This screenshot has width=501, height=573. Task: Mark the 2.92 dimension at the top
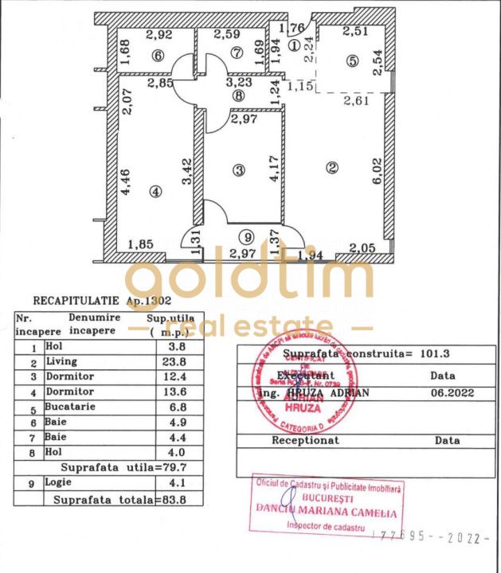coord(159,34)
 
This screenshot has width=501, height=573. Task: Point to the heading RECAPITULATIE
coord(76,302)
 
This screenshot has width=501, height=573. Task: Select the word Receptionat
coord(306,439)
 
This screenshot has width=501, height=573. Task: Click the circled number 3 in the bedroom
coord(237,170)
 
